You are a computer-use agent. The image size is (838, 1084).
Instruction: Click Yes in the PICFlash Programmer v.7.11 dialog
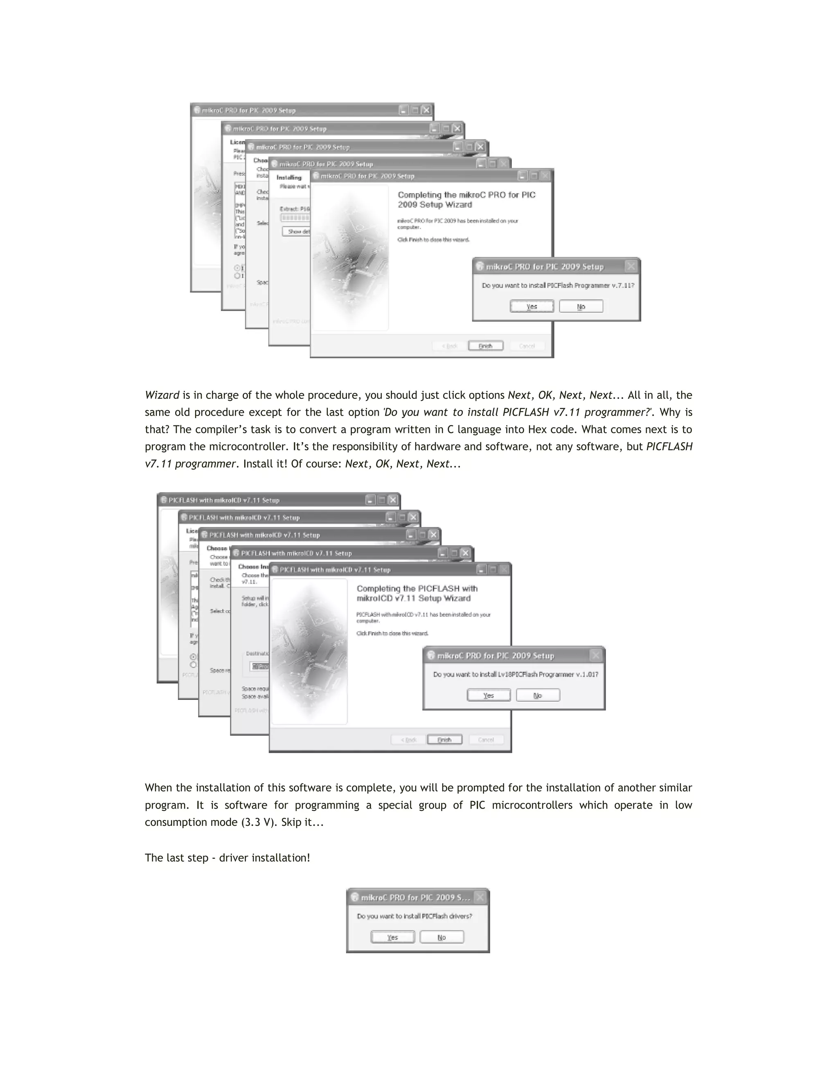click(x=531, y=306)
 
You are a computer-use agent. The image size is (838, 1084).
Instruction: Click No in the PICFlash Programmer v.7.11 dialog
click(x=581, y=306)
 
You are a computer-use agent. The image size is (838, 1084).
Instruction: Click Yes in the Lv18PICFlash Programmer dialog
click(x=489, y=695)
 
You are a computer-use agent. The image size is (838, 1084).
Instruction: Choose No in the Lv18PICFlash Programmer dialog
click(x=538, y=695)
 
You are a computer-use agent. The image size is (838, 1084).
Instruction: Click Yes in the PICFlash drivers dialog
click(x=392, y=937)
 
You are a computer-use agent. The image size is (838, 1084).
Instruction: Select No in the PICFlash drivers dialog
click(x=442, y=937)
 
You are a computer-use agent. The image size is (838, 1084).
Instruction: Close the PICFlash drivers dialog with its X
click(x=480, y=897)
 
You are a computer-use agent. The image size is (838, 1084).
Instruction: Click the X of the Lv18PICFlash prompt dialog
click(x=596, y=655)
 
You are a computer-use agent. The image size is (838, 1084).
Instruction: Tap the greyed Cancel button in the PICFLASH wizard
click(x=486, y=740)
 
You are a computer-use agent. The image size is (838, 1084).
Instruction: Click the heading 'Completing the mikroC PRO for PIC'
click(x=466, y=195)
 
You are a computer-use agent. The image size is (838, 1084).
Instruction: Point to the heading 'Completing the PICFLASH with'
click(x=417, y=589)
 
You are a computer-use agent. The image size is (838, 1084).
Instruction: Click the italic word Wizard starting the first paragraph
click(x=162, y=395)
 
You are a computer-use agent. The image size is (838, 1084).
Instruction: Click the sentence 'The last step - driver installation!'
click(x=228, y=858)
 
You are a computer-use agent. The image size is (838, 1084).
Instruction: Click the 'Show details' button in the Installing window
click(x=296, y=231)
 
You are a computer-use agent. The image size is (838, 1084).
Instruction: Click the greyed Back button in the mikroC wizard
click(x=450, y=346)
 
